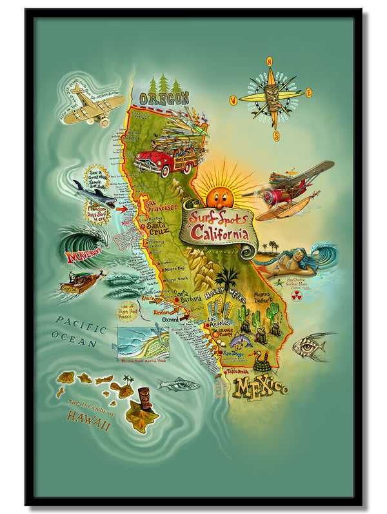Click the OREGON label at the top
(164, 98)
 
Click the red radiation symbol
(297, 296)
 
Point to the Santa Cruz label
(161, 227)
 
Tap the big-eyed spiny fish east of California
(310, 347)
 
